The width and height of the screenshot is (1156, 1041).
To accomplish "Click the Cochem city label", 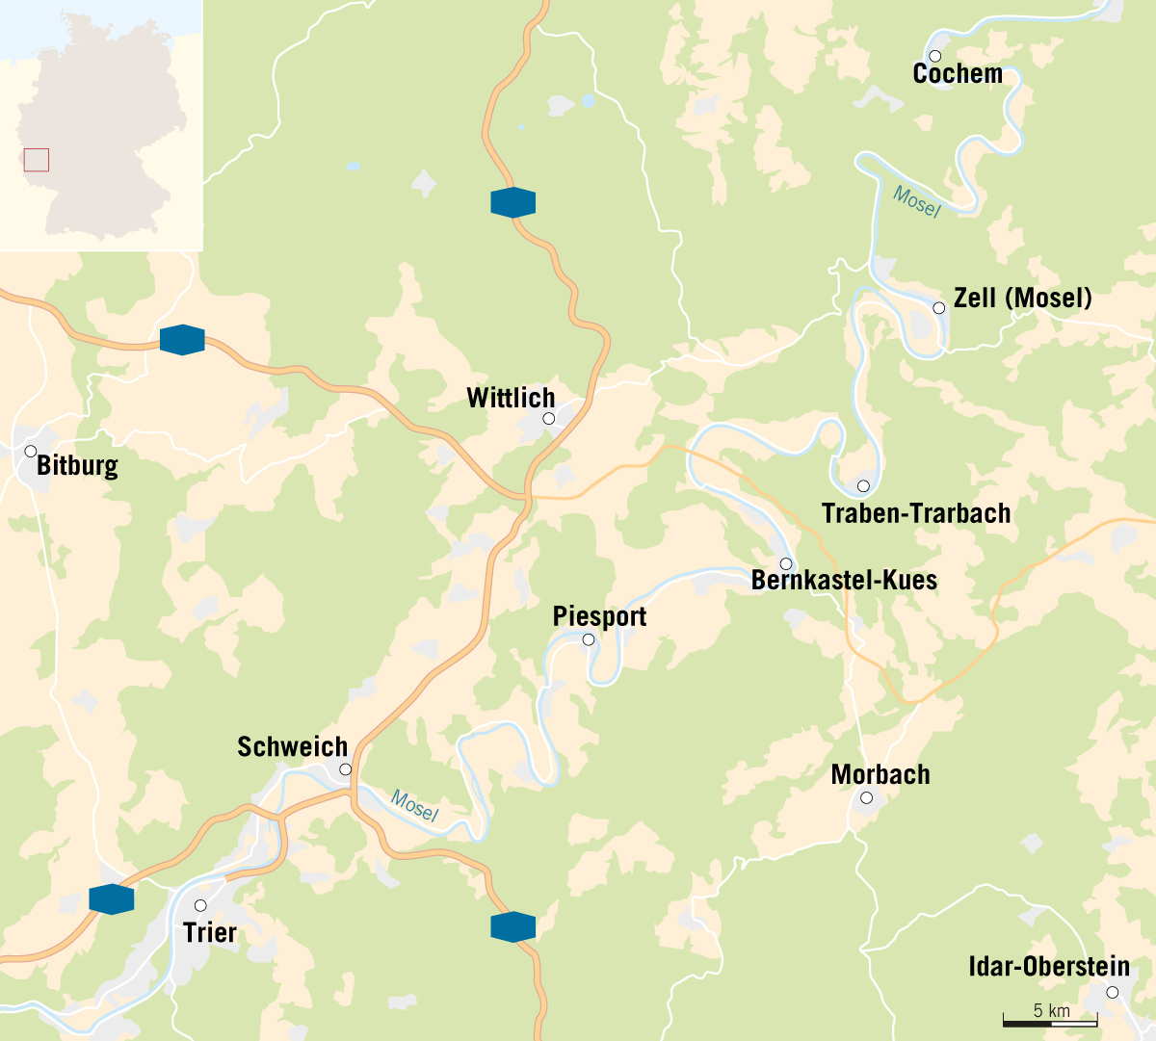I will tap(958, 74).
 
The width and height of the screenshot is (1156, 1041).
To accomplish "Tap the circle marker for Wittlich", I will tap(548, 419).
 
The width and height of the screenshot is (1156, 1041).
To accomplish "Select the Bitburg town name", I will tap(77, 466).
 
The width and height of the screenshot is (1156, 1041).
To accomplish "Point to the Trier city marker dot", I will tap(200, 906).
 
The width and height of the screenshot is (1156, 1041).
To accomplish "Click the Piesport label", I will tap(599, 616).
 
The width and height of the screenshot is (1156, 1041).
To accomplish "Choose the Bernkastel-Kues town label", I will tap(844, 581).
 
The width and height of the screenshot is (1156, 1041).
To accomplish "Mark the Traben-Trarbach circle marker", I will tap(863, 486).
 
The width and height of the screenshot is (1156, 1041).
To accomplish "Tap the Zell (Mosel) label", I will tap(1022, 299).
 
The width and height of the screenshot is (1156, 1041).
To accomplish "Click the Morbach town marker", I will tap(866, 798).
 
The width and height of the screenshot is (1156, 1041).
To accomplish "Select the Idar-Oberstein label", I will tap(1048, 967).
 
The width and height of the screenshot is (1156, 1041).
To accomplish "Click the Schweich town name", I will tap(292, 747).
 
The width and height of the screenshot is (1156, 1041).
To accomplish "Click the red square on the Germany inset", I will tap(37, 160).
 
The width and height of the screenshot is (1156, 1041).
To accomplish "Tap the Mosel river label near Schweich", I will tap(414, 805).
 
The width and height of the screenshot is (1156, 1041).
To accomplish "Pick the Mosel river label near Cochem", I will tap(916, 201).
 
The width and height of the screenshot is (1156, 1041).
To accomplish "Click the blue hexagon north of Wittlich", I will tap(512, 203).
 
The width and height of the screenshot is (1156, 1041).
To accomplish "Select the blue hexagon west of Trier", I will tap(111, 898).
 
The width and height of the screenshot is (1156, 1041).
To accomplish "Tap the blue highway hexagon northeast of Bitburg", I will tap(182, 340).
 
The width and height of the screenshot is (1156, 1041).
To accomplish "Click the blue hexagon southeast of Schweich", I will tap(512, 926).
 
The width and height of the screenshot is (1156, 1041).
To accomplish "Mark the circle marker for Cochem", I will tap(934, 56).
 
